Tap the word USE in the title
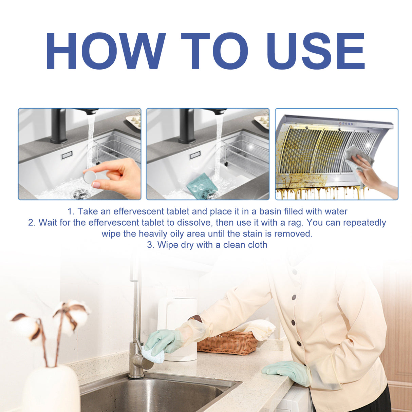click(316, 51)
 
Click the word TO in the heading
click(214, 51)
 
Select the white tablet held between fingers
click(90, 177)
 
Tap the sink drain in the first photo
click(79, 194)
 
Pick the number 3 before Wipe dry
click(150, 245)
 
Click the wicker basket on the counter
click(227, 343)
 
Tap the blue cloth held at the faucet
click(153, 355)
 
